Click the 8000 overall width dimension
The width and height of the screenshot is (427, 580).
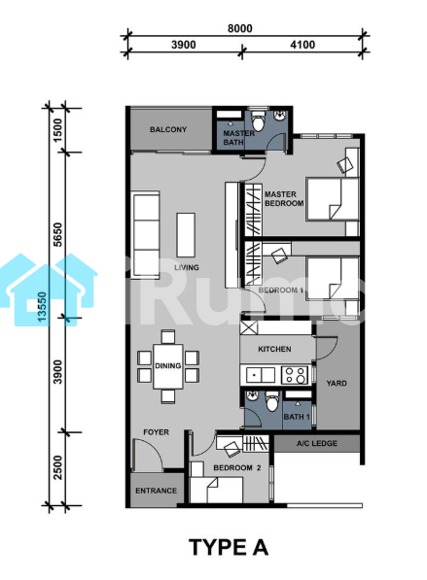point(240,28)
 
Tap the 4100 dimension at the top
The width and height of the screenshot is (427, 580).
point(302,45)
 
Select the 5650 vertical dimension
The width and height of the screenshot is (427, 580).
point(58,234)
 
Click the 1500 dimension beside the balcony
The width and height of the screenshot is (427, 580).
point(58,130)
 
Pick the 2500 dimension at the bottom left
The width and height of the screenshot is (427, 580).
point(58,467)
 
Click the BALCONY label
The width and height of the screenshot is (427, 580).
point(168,129)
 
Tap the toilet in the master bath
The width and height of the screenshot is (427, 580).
point(258,121)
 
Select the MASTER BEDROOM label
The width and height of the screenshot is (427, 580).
point(284,198)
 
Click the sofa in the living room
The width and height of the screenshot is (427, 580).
point(146,235)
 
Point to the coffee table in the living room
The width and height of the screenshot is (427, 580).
point(186,235)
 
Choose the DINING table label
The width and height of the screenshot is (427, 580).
point(167,366)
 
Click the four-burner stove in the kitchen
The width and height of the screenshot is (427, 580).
point(295,375)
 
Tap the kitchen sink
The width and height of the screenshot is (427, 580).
point(261,375)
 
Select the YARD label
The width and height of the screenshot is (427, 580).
point(337,383)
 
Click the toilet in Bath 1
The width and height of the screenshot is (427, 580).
point(272,401)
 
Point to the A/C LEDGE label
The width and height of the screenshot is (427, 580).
point(317,443)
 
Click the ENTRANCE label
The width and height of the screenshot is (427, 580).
point(156,491)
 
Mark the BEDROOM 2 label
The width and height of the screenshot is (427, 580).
point(237,468)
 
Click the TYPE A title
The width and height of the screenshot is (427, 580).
point(229,547)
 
